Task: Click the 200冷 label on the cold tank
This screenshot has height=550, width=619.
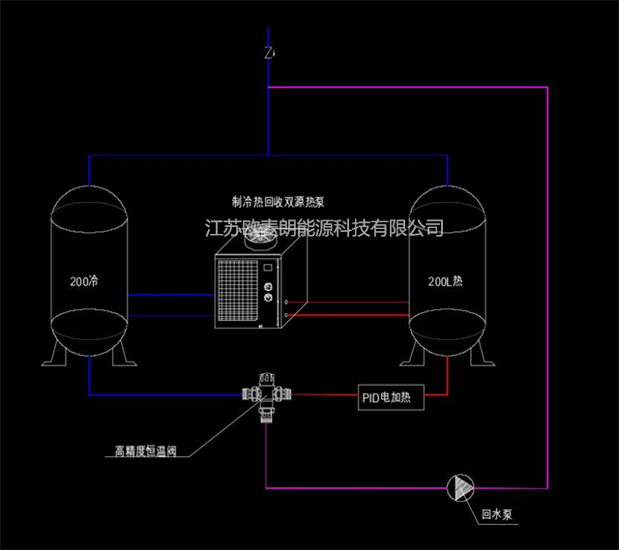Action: (84, 281)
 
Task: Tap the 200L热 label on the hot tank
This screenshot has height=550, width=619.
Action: (445, 281)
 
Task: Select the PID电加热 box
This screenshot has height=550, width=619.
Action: (391, 397)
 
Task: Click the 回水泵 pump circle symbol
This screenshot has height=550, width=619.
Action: (460, 488)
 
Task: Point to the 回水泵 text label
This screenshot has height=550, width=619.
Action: (497, 514)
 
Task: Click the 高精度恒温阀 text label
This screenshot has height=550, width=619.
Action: (146, 451)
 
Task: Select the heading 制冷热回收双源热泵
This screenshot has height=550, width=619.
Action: (279, 202)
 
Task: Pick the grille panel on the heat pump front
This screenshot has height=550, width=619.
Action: (238, 291)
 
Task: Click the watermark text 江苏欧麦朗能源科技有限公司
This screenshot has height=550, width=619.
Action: (324, 228)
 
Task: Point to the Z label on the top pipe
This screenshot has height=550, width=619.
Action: (269, 53)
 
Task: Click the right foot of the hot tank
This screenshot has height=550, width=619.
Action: (482, 354)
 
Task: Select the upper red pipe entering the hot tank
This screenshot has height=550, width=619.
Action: (347, 303)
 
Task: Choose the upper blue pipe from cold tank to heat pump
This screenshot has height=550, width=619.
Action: (171, 295)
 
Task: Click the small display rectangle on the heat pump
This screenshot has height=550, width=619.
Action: (268, 267)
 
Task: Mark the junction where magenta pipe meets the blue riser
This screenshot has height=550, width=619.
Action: (269, 87)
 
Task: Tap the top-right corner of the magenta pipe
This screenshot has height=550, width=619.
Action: (547, 87)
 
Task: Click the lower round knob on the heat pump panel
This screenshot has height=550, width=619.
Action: (268, 298)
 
